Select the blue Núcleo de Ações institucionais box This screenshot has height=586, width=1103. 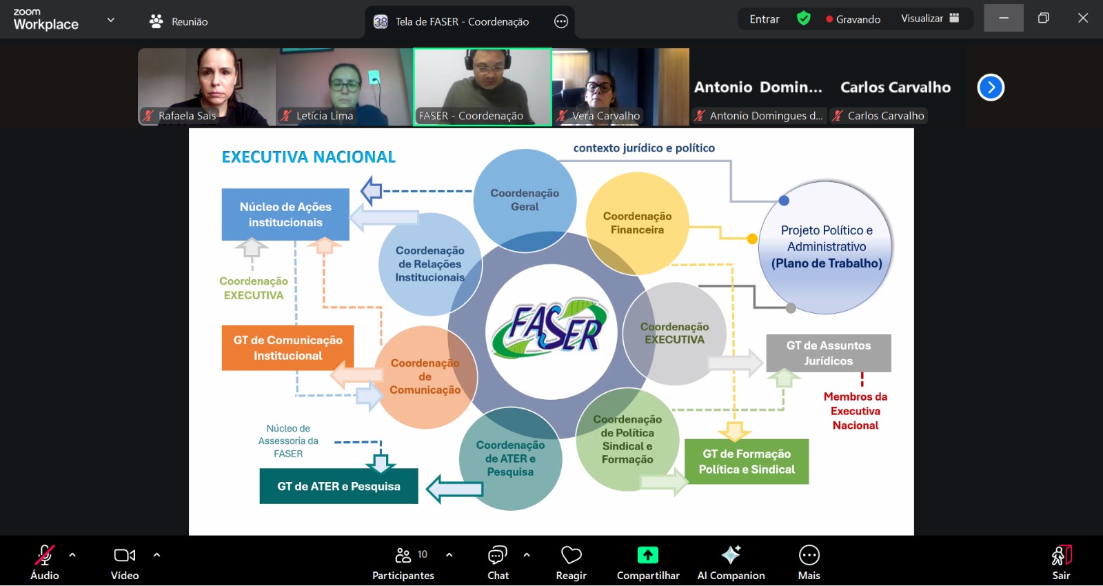(285, 214)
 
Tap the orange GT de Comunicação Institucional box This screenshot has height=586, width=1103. (287, 348)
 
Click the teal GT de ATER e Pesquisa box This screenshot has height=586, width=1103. (338, 486)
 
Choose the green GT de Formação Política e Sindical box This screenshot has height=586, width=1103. (747, 462)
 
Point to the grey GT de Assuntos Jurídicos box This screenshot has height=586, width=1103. (829, 353)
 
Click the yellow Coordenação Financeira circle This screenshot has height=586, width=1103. (637, 223)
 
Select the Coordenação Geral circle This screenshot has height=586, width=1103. (525, 200)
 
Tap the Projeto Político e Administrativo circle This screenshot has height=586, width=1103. (826, 247)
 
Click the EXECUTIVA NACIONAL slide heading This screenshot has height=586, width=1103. (308, 157)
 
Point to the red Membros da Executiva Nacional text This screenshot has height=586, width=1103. (855, 411)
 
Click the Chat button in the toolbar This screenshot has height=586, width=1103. (498, 563)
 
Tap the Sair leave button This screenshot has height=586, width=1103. (1061, 563)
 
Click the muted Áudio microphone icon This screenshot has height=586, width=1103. (44, 556)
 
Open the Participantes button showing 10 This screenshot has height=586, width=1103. (403, 563)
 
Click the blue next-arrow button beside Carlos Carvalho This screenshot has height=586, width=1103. (991, 88)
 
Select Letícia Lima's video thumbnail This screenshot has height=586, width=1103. (344, 86)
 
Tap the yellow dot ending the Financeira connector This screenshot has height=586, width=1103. (752, 239)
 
